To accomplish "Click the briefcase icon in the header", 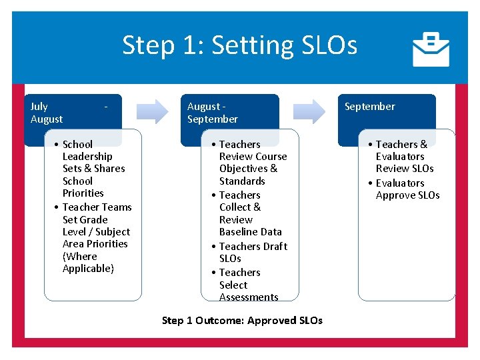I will click(x=431, y=49).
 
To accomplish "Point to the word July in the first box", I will click(x=39, y=107).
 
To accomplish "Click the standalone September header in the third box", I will click(x=369, y=107).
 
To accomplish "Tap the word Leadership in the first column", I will click(x=87, y=157).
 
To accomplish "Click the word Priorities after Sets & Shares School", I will click(x=83, y=193).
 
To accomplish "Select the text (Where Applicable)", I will click(x=88, y=263).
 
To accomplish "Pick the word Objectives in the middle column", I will click(x=243, y=169).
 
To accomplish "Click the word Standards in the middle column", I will click(x=242, y=181).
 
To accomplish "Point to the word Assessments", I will click(x=249, y=297).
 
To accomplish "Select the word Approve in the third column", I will click(x=394, y=195).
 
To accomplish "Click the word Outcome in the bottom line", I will click(x=221, y=321).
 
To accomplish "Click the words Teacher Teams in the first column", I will click(x=97, y=207).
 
